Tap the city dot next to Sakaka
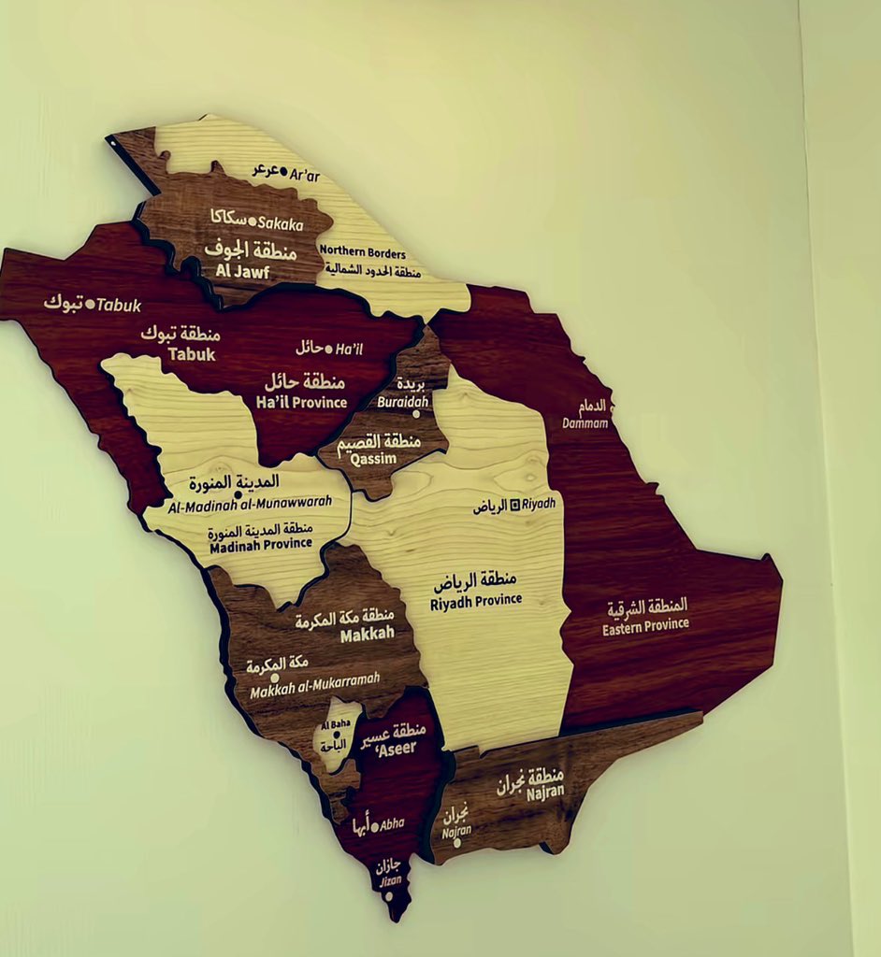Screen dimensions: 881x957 point(252,221)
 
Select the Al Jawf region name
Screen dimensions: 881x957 point(242,271)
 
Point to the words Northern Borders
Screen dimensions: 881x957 point(363,252)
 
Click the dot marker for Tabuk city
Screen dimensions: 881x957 point(90,304)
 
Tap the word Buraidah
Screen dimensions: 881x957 point(403,402)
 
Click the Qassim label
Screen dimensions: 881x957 point(373,459)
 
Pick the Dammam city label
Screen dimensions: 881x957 point(585,423)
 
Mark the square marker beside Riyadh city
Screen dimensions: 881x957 point(514,505)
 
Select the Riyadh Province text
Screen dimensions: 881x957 point(476,601)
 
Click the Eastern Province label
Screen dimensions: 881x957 point(645,625)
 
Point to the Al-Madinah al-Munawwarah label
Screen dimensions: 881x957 point(251,506)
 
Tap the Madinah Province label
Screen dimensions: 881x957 point(261,544)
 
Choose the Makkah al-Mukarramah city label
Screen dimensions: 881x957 point(315,686)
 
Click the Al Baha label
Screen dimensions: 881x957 point(335,725)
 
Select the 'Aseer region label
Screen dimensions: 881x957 point(398,748)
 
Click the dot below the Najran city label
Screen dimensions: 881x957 point(456,843)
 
